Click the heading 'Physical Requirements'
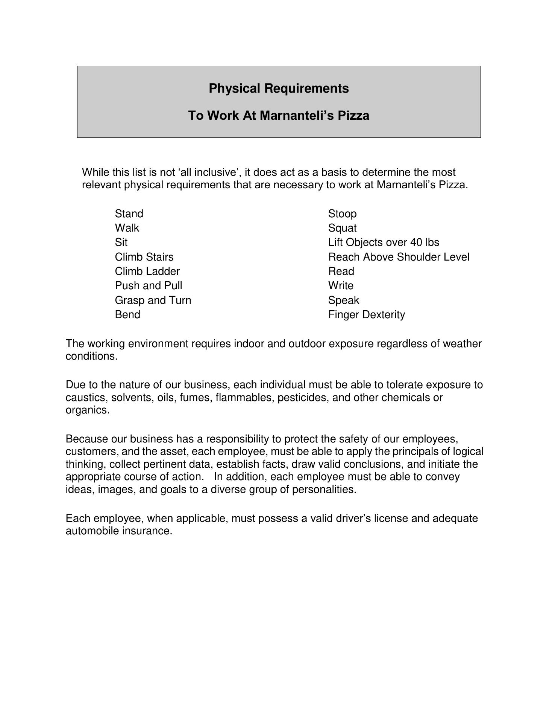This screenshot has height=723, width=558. [x=279, y=88]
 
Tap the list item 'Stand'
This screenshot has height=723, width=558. [x=129, y=214]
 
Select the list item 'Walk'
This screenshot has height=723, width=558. [x=127, y=228]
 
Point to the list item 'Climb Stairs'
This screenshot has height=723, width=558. [x=144, y=257]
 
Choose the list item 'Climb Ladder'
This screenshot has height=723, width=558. [x=147, y=272]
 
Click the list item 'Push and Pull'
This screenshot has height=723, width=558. [x=149, y=286]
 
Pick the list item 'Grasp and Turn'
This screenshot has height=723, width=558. [x=153, y=300]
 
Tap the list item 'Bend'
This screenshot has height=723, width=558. [x=127, y=315]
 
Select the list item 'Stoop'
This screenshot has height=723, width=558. [x=342, y=214]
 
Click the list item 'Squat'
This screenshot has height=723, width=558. [x=342, y=228]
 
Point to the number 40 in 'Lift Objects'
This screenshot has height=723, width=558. [x=412, y=243]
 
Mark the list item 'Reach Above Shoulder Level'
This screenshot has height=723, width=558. [x=399, y=257]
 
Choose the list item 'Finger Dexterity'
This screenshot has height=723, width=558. [x=366, y=315]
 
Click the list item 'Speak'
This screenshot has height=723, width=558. [x=343, y=300]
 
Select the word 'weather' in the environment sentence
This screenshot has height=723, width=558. [x=462, y=344]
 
